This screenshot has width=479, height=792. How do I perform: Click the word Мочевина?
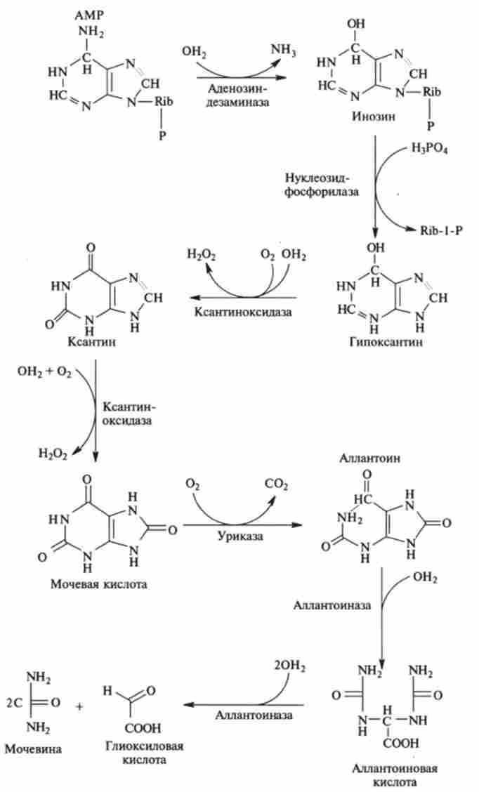pos(32,748)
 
